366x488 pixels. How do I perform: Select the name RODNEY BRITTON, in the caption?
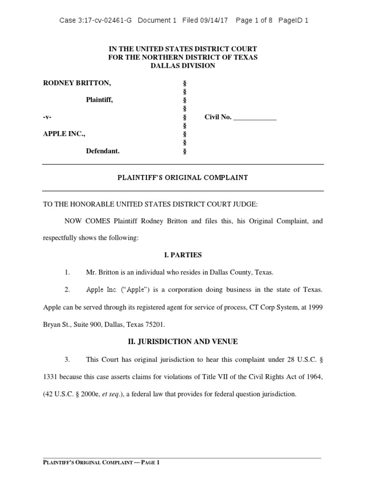tap(77, 83)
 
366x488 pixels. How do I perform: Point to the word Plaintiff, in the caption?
tap(100, 100)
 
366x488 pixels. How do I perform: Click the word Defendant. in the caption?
tap(102, 151)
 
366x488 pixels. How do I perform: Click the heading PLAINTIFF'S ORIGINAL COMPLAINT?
tap(183, 178)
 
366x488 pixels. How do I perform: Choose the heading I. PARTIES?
tap(183, 255)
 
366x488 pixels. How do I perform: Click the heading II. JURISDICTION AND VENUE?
tap(183, 341)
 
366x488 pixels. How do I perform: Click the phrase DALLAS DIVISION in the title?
tap(183, 66)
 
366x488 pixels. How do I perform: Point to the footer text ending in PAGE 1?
tap(101, 462)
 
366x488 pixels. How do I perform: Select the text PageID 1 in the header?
tap(294, 20)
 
